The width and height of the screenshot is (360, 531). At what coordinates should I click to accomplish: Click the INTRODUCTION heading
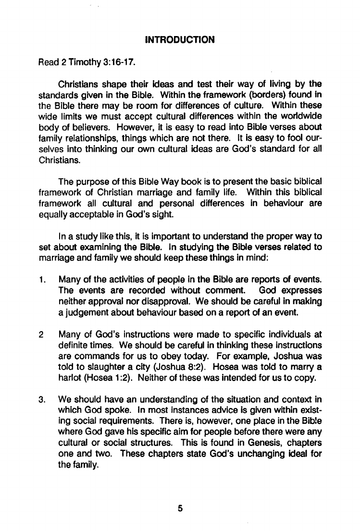coord(179,39)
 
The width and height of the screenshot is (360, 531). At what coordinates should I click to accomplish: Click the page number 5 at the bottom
coord(180,508)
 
